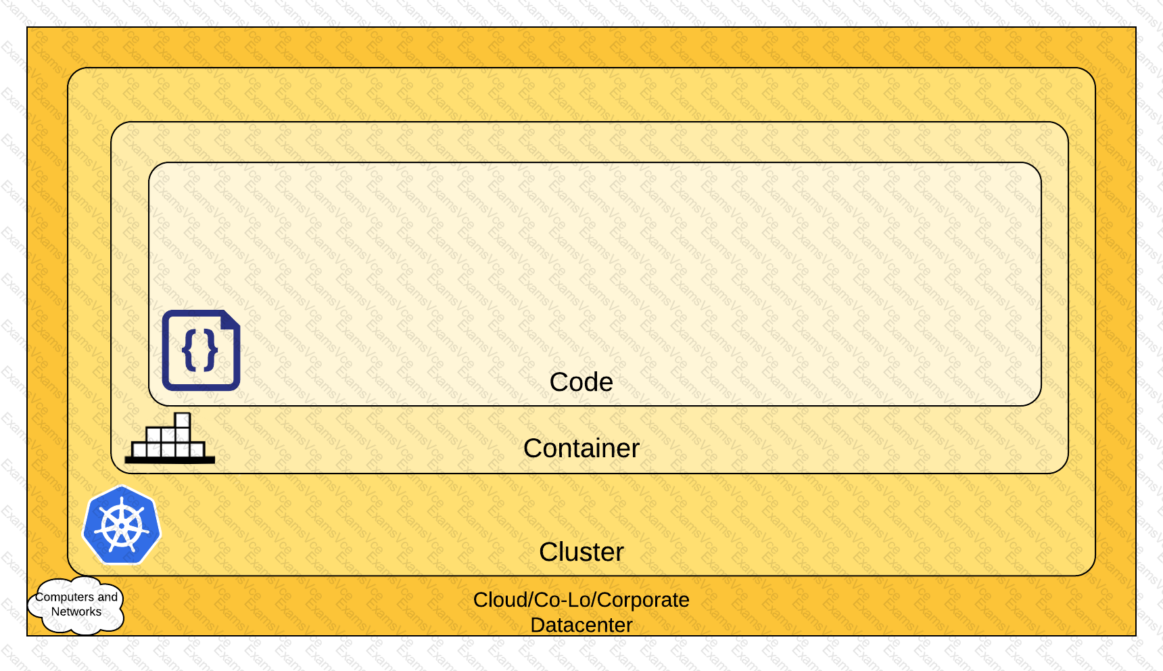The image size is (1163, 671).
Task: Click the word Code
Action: pyautogui.click(x=581, y=382)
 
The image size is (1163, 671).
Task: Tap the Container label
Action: pyautogui.click(x=581, y=448)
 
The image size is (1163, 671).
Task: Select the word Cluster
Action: pyautogui.click(x=581, y=552)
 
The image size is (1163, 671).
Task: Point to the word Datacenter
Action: pyautogui.click(x=581, y=625)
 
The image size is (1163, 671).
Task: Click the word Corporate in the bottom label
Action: pyautogui.click(x=643, y=600)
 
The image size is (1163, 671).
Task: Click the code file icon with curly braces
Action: pyautogui.click(x=201, y=350)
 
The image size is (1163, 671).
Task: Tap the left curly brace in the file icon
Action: pyautogui.click(x=189, y=350)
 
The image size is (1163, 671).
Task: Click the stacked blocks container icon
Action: pyautogui.click(x=170, y=438)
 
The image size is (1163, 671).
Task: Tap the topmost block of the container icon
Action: pyautogui.click(x=183, y=420)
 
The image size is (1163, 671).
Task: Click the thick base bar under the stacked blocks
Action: pyautogui.click(x=170, y=460)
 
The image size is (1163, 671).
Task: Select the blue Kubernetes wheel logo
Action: pyautogui.click(x=122, y=525)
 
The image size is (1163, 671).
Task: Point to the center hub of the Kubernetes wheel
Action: pyautogui.click(x=122, y=526)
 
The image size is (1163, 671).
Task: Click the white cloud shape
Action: pyautogui.click(x=76, y=605)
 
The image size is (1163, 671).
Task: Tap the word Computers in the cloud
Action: pyautogui.click(x=65, y=597)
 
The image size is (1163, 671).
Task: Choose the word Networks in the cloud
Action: pyautogui.click(x=76, y=612)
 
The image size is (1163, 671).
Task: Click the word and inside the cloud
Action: pyautogui.click(x=108, y=597)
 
